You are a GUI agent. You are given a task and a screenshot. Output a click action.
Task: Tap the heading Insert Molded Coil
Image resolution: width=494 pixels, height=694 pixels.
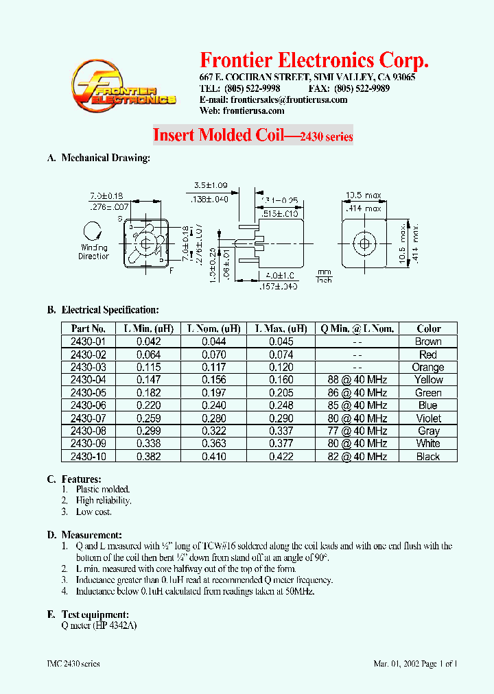tap(217, 135)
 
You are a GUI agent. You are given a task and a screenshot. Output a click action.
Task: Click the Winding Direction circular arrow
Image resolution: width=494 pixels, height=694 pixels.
tap(91, 232)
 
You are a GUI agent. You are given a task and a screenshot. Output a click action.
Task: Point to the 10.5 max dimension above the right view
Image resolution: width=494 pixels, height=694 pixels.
tap(363, 195)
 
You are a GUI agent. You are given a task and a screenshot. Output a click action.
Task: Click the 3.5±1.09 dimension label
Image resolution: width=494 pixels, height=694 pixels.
tap(211, 185)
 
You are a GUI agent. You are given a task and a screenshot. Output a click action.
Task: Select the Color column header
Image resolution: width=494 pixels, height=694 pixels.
tap(428, 328)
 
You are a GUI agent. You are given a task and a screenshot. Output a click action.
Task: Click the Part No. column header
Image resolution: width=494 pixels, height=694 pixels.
tap(89, 328)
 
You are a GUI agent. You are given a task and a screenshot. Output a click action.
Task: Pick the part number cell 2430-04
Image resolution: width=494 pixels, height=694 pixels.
tap(89, 380)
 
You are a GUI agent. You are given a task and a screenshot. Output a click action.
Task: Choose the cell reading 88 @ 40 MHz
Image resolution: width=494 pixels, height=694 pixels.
tap(353, 380)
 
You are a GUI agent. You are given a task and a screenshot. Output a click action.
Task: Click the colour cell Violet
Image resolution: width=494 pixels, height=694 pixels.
tap(428, 418)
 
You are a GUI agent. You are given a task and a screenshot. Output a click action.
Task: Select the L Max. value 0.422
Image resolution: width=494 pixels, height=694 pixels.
tap(281, 457)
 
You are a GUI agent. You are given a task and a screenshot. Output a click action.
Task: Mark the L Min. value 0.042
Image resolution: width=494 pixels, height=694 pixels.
tap(148, 342)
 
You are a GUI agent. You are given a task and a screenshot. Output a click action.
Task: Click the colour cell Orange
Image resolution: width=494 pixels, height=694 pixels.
tap(428, 368)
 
